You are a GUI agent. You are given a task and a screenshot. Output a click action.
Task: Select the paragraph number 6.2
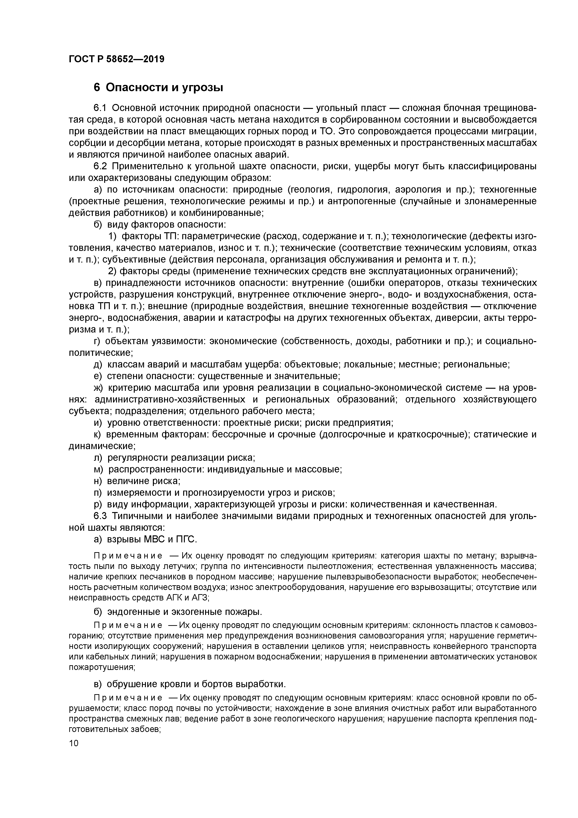pyautogui.click(x=100, y=166)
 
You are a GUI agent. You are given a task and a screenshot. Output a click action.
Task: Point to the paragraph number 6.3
pyautogui.click(x=100, y=516)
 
